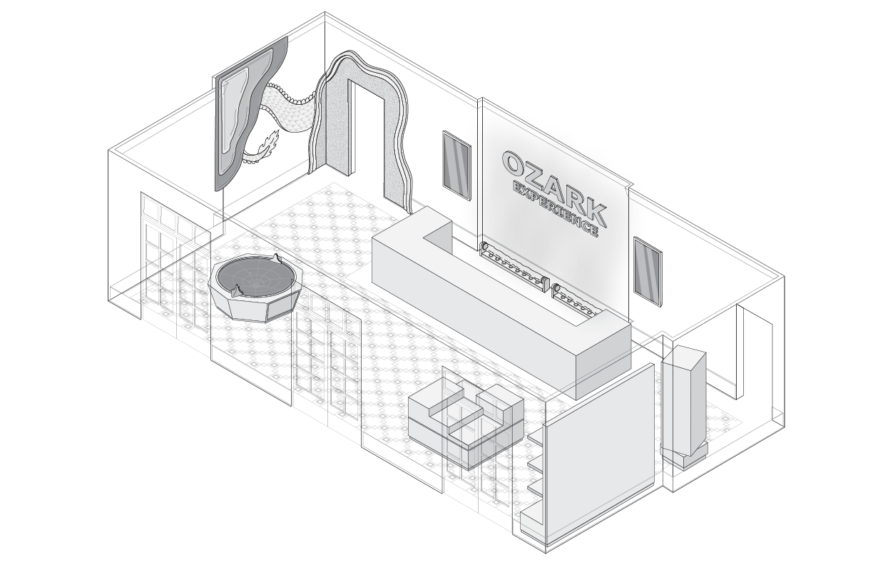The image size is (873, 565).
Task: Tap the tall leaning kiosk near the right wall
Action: (683, 403)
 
